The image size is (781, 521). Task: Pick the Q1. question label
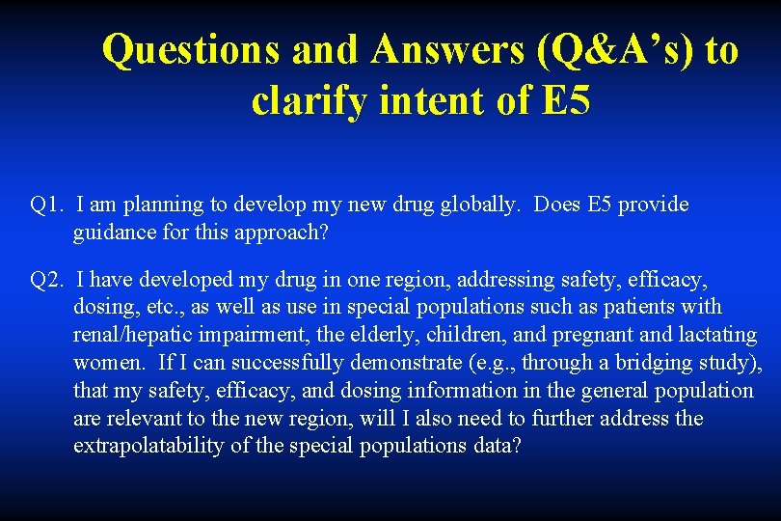pos(46,205)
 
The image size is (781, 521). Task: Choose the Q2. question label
pos(46,280)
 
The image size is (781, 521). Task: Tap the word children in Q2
pos(459,336)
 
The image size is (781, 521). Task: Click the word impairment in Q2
pos(250,336)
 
